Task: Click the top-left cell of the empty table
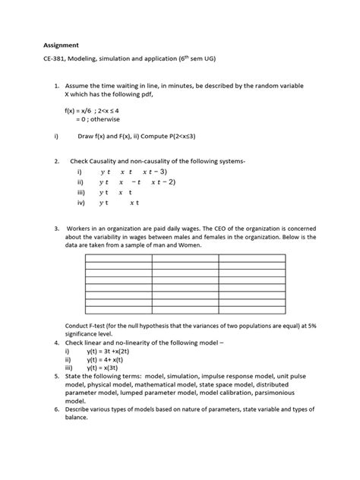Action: [x=118, y=259]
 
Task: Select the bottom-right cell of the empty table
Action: [x=252, y=314]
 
